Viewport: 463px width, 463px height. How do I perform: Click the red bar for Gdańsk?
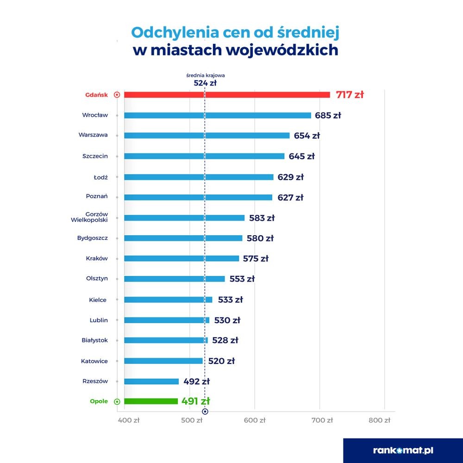pyautogui.click(x=227, y=95)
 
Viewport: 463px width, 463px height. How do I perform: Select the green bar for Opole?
pyautogui.click(x=151, y=401)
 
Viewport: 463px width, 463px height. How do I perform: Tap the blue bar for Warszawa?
pyautogui.click(x=206, y=136)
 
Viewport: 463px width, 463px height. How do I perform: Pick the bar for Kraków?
pyautogui.click(x=181, y=258)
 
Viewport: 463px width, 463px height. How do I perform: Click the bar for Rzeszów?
pyautogui.click(x=151, y=382)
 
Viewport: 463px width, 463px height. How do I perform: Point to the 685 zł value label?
pyautogui.click(x=328, y=115)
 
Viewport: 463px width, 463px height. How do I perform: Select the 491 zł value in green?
pyautogui.click(x=196, y=401)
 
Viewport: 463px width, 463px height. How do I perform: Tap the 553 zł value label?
pyautogui.click(x=242, y=279)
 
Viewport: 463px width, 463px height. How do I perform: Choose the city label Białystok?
pyautogui.click(x=94, y=340)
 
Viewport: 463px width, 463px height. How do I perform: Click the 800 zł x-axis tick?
pyautogui.click(x=380, y=421)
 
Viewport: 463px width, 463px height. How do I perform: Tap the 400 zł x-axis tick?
pyautogui.click(x=130, y=421)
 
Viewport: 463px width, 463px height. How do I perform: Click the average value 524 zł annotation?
pyautogui.click(x=205, y=84)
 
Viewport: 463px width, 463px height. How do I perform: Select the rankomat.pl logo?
pyautogui.click(x=403, y=450)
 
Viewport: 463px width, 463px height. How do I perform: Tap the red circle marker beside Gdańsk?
pyautogui.click(x=117, y=95)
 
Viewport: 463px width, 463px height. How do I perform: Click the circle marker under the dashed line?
pyautogui.click(x=205, y=411)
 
